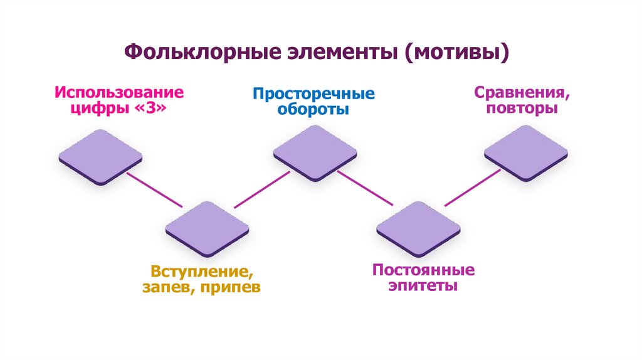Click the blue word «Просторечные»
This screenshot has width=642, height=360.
coord(313,94)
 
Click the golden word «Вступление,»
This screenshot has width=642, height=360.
coord(196,273)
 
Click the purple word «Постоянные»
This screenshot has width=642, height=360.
coord(423,271)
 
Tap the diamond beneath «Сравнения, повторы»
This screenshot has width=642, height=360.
coord(525,152)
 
